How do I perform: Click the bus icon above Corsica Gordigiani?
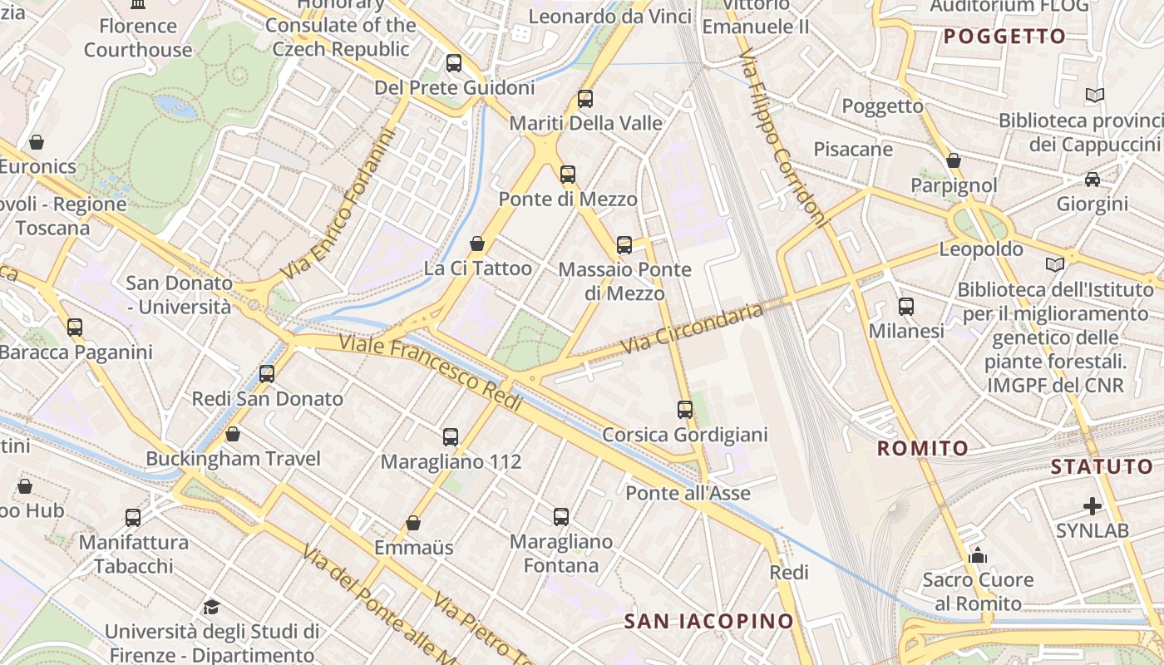pos(684,409)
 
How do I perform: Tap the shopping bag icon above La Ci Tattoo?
pos(477,244)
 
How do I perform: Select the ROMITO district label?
pos(923,449)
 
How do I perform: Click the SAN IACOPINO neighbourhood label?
pos(708,621)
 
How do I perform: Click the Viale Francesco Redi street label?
pos(430,372)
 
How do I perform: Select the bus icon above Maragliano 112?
pos(451,436)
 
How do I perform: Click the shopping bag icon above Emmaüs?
pos(413,523)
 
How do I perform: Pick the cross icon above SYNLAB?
pos(1092,505)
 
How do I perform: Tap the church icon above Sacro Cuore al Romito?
pos(978,555)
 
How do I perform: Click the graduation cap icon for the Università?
pos(211,607)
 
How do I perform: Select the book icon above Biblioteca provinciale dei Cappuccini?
pos(1095,96)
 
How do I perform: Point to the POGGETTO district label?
pos(1004,36)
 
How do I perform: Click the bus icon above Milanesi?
pos(906,307)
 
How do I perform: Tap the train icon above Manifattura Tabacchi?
pos(133,518)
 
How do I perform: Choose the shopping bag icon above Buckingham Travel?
pos(233,434)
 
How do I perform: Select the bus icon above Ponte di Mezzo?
pos(568,175)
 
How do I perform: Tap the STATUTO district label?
pos(1102,466)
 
